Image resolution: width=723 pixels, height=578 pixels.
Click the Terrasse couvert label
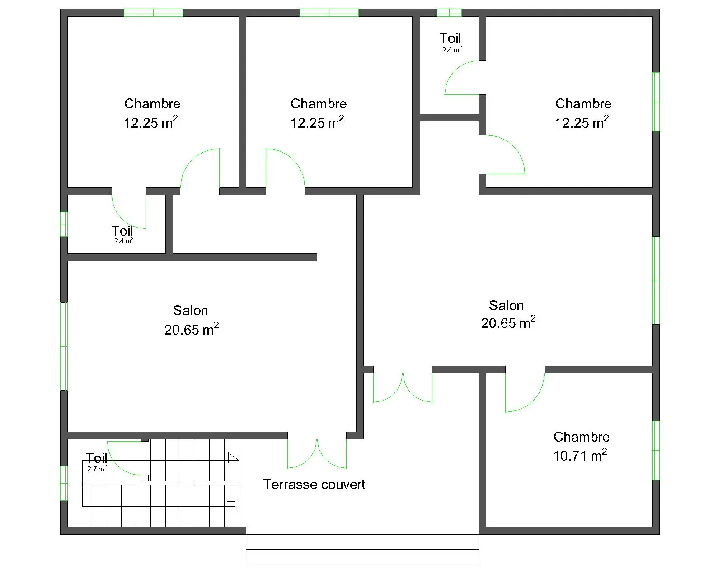pyautogui.click(x=314, y=484)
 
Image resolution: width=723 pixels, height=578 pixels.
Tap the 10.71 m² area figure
pyautogui.click(x=580, y=455)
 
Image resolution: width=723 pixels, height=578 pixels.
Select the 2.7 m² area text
pyautogui.click(x=97, y=469)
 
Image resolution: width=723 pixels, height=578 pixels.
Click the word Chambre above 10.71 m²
pyautogui.click(x=582, y=437)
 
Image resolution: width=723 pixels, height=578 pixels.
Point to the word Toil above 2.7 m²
pyautogui.click(x=96, y=458)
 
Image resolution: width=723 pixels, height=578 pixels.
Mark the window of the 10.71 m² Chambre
pyautogui.click(x=656, y=450)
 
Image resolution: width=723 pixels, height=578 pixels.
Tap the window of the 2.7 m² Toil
pyautogui.click(x=64, y=483)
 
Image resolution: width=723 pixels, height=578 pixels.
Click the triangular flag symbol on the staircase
pyautogui.click(x=232, y=457)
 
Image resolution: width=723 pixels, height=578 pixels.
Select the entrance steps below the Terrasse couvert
pyautogui.click(x=362, y=549)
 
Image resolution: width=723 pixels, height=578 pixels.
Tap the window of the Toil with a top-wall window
pyautogui.click(x=449, y=13)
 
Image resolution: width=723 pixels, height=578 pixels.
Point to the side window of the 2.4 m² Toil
pyautogui.click(x=64, y=224)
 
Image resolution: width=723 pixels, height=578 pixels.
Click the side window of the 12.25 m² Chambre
pyautogui.click(x=656, y=102)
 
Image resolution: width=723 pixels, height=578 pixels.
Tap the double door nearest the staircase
pyautogui.click(x=317, y=453)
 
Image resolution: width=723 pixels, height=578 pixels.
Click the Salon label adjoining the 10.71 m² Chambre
pyautogui.click(x=506, y=306)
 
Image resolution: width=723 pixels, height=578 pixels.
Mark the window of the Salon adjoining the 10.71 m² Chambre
pyautogui.click(x=656, y=280)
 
